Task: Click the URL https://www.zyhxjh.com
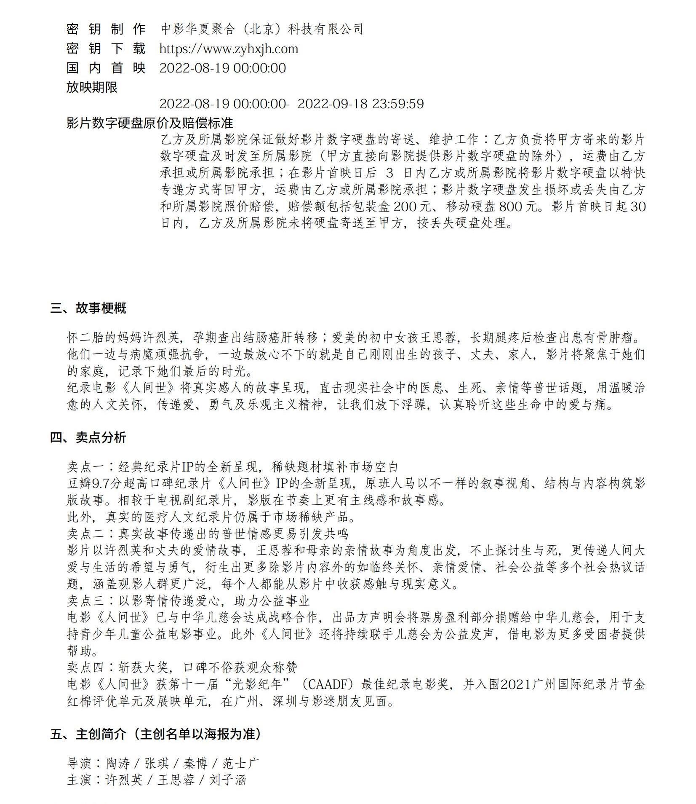(x=229, y=49)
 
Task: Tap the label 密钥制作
(x=106, y=29)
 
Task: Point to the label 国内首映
(x=106, y=68)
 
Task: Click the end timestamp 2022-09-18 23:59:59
(x=360, y=104)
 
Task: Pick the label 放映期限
(x=92, y=87)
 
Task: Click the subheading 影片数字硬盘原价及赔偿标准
(x=149, y=123)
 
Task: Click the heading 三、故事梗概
(x=88, y=308)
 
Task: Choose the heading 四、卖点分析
(x=88, y=437)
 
